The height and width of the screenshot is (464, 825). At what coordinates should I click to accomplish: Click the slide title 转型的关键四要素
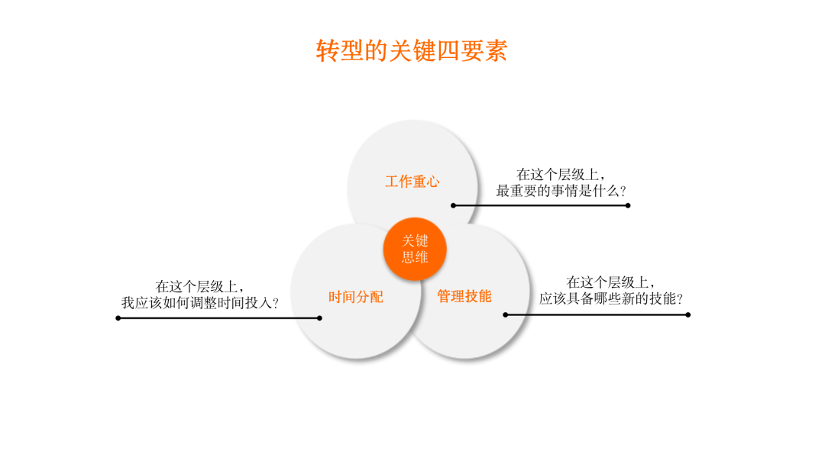pyautogui.click(x=412, y=51)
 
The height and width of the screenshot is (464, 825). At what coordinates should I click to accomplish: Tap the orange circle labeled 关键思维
pyautogui.click(x=415, y=249)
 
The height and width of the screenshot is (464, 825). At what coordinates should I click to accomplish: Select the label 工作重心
pyautogui.click(x=412, y=182)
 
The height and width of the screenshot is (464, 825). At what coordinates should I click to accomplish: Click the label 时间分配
pyautogui.click(x=356, y=297)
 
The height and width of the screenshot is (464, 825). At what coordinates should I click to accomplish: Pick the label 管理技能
pyautogui.click(x=464, y=296)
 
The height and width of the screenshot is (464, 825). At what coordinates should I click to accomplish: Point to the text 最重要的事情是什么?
pyautogui.click(x=561, y=191)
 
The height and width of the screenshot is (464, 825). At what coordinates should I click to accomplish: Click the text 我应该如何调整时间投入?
pyautogui.click(x=200, y=303)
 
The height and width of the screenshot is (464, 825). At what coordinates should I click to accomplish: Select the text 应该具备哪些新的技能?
pyautogui.click(x=611, y=298)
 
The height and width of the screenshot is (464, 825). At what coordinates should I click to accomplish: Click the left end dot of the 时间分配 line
pyautogui.click(x=118, y=318)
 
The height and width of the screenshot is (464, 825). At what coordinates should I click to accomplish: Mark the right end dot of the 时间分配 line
pyautogui.click(x=319, y=318)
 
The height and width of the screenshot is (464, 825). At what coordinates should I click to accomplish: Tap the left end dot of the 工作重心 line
pyautogui.click(x=454, y=205)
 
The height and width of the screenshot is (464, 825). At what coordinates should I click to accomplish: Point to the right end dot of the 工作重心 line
pyautogui.click(x=628, y=205)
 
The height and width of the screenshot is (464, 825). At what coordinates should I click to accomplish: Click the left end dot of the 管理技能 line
pyautogui.click(x=506, y=314)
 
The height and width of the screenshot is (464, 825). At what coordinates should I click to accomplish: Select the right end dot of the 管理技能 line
pyautogui.click(x=688, y=314)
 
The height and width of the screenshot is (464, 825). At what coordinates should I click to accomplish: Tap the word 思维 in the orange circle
pyautogui.click(x=415, y=257)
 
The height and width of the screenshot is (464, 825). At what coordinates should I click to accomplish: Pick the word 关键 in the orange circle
pyautogui.click(x=415, y=240)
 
